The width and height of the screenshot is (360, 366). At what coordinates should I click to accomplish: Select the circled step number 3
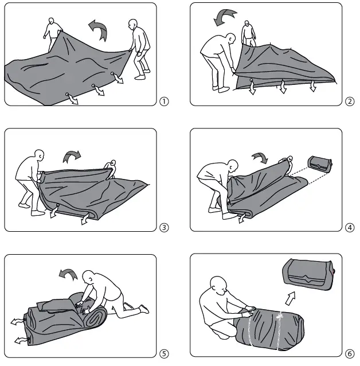click(165, 227)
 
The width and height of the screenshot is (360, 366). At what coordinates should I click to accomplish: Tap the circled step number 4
click(350, 227)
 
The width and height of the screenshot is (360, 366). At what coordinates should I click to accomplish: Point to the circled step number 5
click(165, 353)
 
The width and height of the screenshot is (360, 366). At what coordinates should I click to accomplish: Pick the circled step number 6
click(350, 353)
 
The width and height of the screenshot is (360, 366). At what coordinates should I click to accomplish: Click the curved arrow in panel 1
click(98, 29)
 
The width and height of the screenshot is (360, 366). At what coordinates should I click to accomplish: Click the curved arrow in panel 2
click(225, 17)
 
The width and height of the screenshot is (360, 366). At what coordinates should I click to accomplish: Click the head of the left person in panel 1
click(52, 21)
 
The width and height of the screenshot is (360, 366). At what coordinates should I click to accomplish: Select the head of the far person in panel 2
click(247, 25)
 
